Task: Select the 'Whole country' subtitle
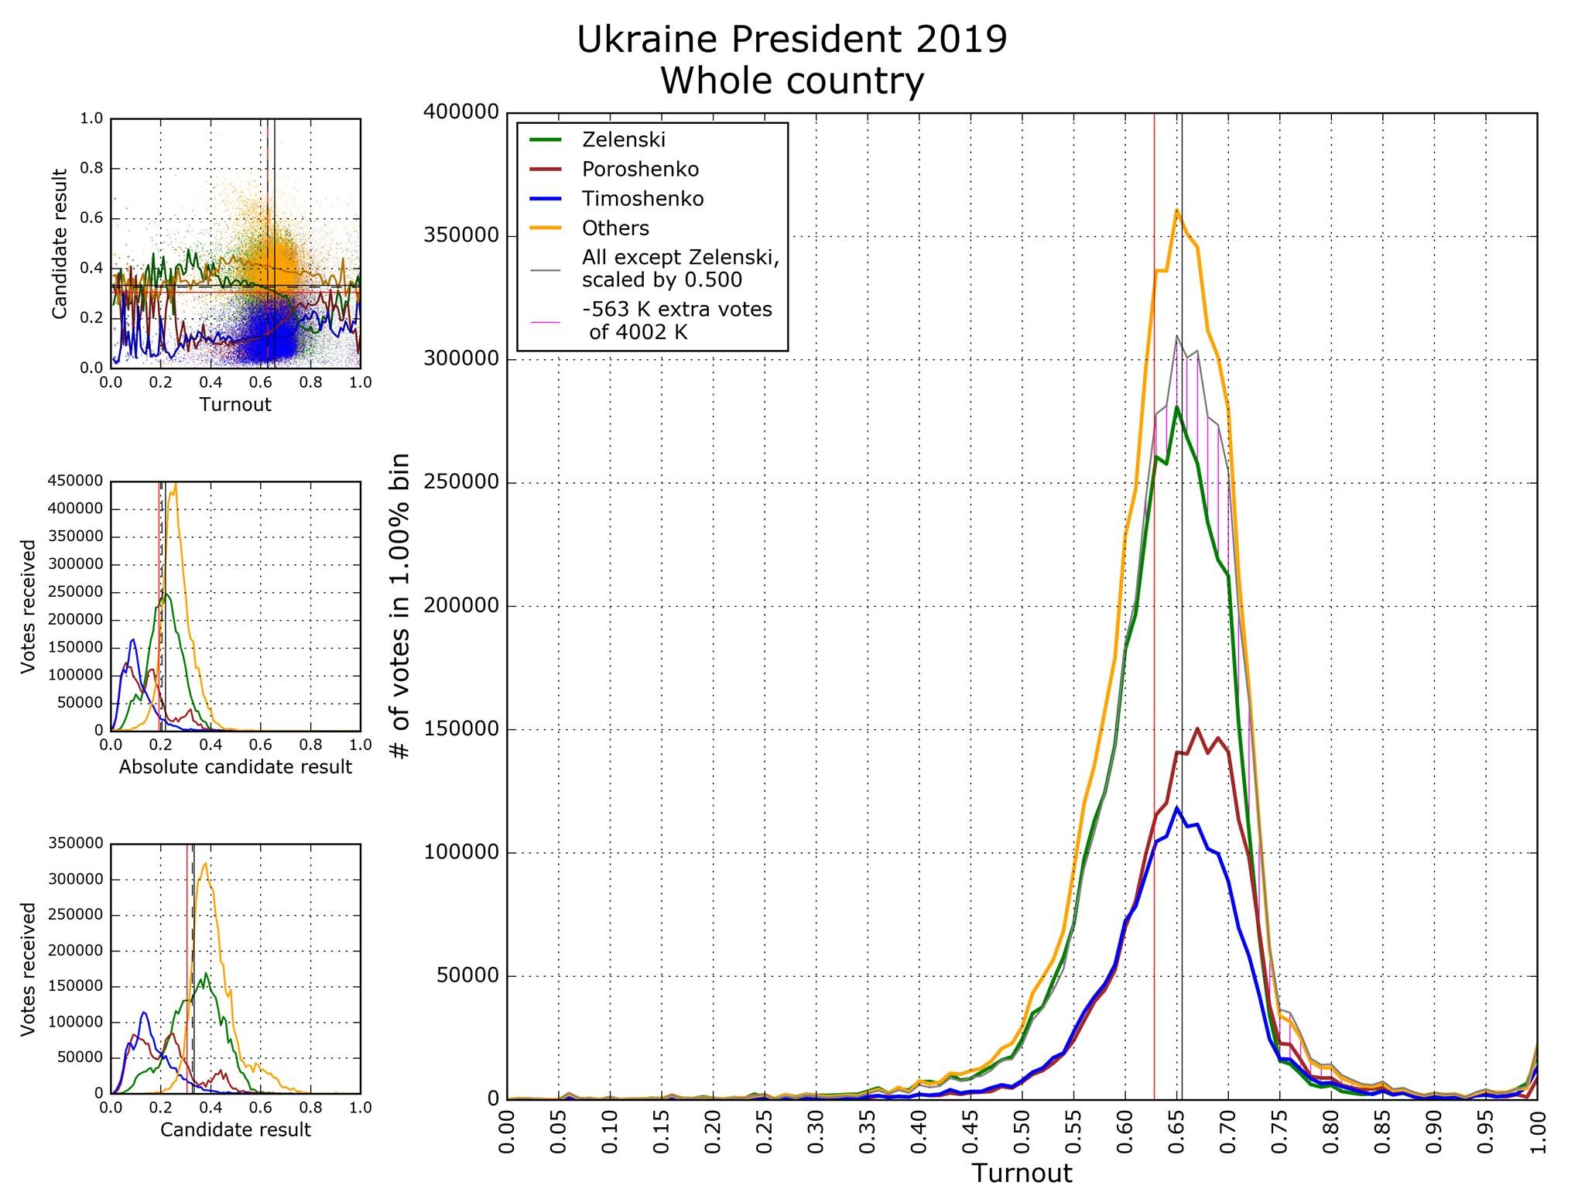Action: [x=792, y=81]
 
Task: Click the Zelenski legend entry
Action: [x=623, y=140]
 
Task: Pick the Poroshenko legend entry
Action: [x=640, y=170]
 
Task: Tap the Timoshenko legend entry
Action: [x=642, y=199]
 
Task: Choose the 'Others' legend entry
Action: [x=615, y=228]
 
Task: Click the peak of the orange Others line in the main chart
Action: [x=1176, y=210]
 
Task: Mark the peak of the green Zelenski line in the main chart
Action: [x=1176, y=406]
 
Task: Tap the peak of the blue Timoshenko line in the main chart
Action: [x=1176, y=808]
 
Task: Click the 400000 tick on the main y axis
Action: [x=460, y=113]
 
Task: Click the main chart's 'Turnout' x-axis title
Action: [x=1022, y=1174]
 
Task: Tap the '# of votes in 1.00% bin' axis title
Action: [x=400, y=607]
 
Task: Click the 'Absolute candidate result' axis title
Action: [x=235, y=767]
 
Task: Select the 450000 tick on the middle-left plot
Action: [x=76, y=481]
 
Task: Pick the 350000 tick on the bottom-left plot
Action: [x=76, y=844]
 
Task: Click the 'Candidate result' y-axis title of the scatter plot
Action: [x=60, y=243]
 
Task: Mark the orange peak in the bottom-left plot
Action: [x=205, y=863]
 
